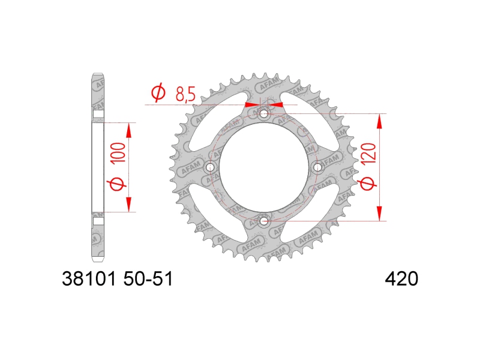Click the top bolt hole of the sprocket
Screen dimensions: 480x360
263,115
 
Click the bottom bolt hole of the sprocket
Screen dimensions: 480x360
263,220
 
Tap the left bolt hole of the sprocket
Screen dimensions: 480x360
211,167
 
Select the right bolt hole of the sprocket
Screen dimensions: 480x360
317,167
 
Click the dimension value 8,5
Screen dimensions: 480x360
185,94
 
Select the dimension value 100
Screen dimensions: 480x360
119,152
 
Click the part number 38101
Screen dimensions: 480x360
89,279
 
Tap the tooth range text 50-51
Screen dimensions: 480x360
148,279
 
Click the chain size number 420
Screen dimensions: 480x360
401,279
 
